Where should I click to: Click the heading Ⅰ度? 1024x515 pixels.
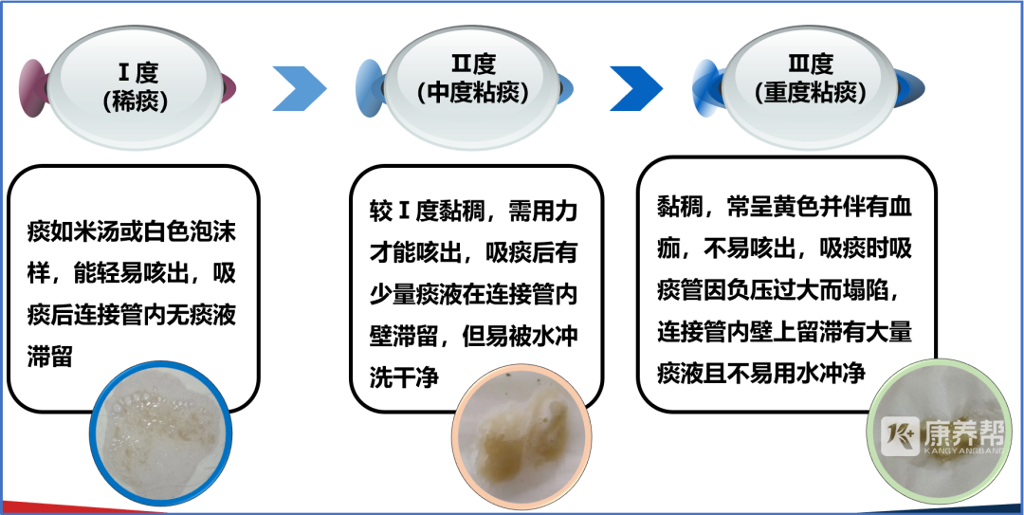(x=137, y=72)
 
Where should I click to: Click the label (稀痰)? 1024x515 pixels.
(x=136, y=101)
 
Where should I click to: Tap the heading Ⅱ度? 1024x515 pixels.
(x=473, y=64)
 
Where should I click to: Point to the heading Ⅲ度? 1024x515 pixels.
(x=811, y=64)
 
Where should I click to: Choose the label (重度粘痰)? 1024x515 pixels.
(x=811, y=93)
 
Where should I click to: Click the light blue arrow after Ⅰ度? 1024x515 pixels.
(x=299, y=88)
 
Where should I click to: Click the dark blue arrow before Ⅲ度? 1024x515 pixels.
(x=636, y=88)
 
